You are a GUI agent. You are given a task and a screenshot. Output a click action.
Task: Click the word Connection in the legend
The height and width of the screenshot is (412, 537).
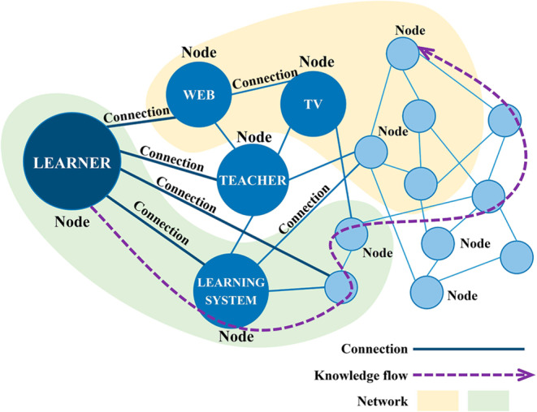tap(374, 349)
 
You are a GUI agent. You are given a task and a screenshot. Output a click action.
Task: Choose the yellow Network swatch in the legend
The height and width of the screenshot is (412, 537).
tap(438, 400)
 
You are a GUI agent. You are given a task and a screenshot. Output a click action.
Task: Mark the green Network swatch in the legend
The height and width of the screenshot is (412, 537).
tap(487, 400)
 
